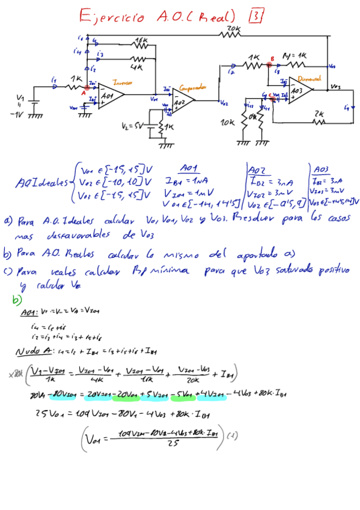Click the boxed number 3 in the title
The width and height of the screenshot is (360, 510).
(255, 16)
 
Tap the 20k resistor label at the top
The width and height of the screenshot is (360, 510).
(234, 28)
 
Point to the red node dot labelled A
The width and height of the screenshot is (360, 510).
(87, 88)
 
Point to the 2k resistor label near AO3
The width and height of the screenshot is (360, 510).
(319, 113)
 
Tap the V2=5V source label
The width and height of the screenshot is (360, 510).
(131, 127)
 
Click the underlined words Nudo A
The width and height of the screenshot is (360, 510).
(29, 352)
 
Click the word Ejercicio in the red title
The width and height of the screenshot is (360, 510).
(112, 16)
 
